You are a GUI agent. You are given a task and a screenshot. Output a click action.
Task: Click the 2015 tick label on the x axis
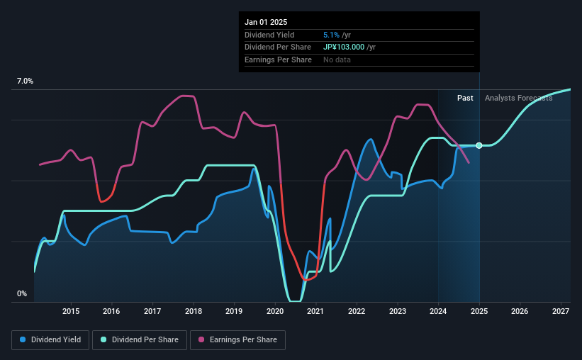70,311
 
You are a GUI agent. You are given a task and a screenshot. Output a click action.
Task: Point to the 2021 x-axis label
315,311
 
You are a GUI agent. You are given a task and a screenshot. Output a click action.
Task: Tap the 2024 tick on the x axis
438,311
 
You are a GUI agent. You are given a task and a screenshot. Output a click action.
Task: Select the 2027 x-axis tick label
561,311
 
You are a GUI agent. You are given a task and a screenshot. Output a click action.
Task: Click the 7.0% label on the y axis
25,81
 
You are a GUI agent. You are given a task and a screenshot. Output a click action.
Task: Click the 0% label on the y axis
22,293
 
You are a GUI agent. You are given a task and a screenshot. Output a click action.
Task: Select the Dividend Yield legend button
50,340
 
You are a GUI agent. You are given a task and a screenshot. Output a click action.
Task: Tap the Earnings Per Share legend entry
237,340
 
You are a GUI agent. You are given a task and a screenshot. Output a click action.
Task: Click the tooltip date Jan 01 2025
267,23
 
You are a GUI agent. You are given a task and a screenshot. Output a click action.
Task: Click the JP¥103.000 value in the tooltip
349,47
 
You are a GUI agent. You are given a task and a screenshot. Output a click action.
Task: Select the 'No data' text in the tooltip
337,60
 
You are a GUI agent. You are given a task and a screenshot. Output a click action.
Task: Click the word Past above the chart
465,98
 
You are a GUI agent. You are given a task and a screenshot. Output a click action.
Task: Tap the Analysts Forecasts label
518,98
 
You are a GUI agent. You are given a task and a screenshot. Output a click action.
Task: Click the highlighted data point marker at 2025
479,145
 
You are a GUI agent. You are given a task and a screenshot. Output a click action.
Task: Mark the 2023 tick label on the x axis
397,311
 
